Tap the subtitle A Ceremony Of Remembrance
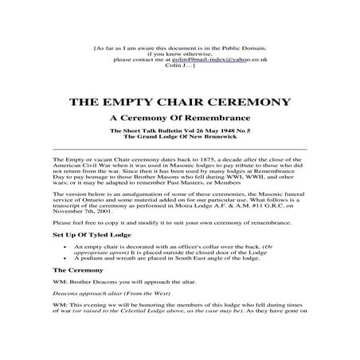[179, 120]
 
